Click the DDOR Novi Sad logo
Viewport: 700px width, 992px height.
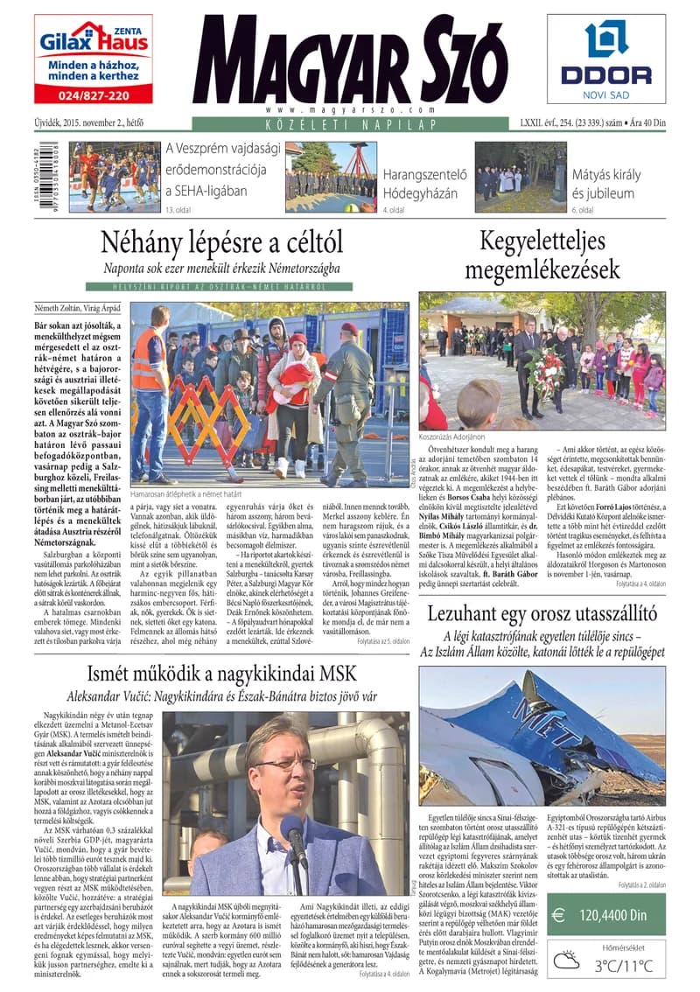tap(605, 58)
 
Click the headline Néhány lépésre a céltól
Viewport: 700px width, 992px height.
tap(221, 241)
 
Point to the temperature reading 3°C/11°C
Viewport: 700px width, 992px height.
tap(624, 965)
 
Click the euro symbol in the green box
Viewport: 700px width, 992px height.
tap(558, 915)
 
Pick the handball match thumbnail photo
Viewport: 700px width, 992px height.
tap(115, 176)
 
